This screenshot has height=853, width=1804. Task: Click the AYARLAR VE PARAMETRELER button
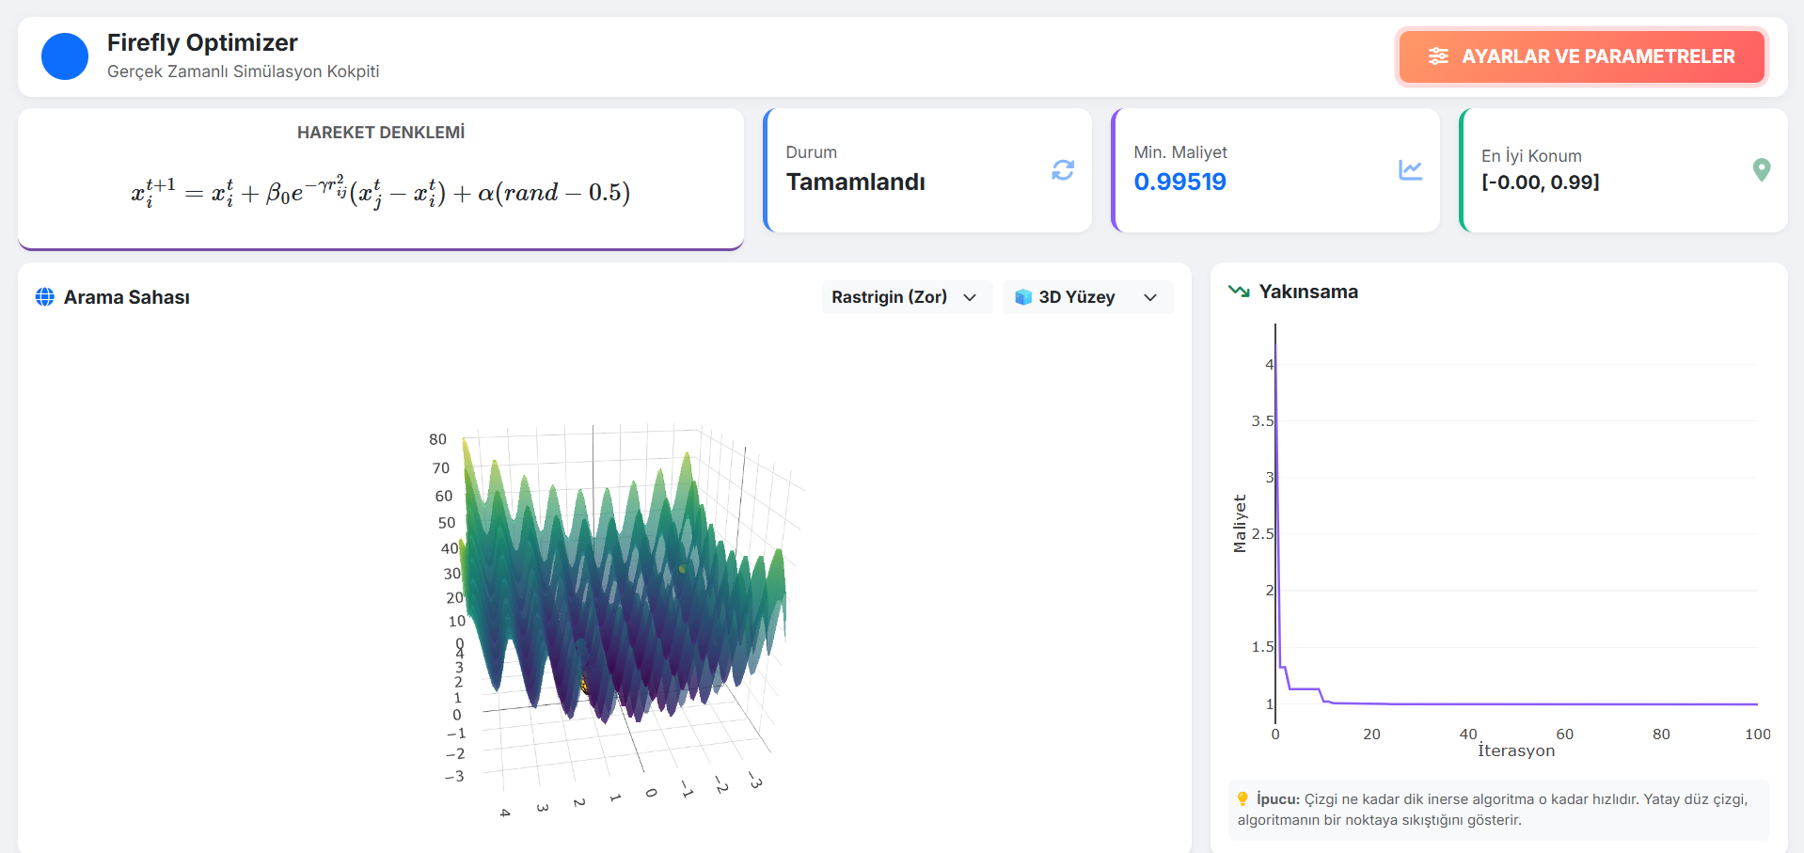click(x=1580, y=56)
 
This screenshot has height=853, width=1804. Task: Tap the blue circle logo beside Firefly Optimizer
click(x=65, y=56)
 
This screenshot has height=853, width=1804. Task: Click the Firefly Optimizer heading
click(x=202, y=42)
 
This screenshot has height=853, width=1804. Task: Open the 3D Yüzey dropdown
click(x=1087, y=297)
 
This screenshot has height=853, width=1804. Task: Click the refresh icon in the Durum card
click(x=1063, y=170)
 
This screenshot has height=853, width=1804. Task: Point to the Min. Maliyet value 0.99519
click(x=1179, y=182)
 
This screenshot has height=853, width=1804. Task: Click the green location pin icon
click(x=1762, y=169)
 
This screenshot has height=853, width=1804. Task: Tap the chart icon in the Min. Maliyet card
click(x=1410, y=170)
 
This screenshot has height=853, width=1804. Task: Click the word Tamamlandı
click(x=856, y=182)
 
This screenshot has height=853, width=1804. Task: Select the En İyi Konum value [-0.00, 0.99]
click(x=1540, y=182)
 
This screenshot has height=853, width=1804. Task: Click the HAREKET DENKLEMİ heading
click(x=381, y=133)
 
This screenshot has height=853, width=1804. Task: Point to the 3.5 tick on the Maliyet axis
click(x=1261, y=420)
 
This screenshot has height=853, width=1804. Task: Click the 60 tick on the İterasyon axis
click(x=1564, y=734)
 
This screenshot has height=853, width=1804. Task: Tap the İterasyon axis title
click(x=1516, y=750)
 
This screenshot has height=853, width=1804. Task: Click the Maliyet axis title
click(x=1240, y=524)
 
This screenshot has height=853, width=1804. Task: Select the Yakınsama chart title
click(x=1308, y=292)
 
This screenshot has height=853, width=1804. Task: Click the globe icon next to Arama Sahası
click(x=44, y=297)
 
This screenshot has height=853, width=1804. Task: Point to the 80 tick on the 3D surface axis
click(x=437, y=439)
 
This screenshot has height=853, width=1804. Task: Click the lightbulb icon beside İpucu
click(x=1242, y=798)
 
